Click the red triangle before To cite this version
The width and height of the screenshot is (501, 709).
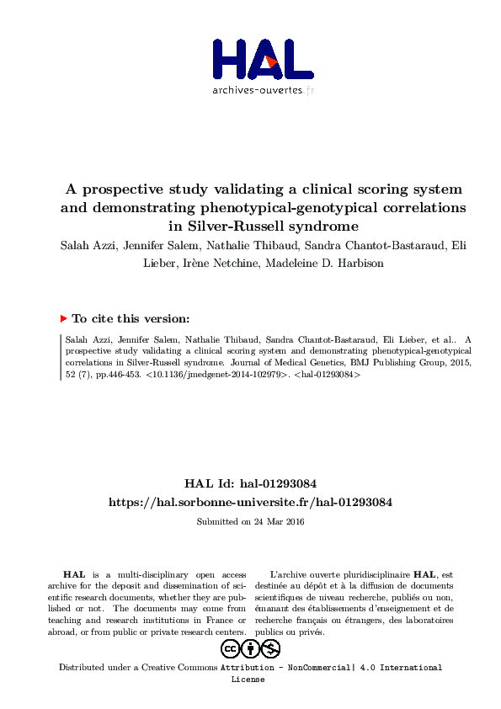click(x=63, y=319)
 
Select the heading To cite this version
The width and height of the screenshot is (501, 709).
click(x=131, y=319)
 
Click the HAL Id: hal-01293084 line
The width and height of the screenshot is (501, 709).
click(x=250, y=484)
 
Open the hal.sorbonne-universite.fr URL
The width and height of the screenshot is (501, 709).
click(x=250, y=502)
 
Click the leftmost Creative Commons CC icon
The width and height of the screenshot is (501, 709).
click(x=230, y=648)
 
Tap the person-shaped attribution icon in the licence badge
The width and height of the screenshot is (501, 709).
click(x=250, y=648)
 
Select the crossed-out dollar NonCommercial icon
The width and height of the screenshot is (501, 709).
click(x=270, y=648)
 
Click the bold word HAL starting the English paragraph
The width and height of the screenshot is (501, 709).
click(x=74, y=573)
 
